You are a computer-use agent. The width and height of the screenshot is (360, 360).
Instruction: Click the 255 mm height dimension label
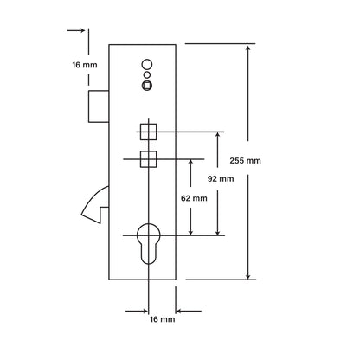click(x=245, y=161)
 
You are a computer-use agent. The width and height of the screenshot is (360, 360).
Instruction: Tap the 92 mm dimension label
click(x=221, y=179)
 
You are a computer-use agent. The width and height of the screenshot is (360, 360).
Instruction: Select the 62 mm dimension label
click(x=194, y=198)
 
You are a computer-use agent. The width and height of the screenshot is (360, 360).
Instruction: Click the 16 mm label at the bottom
click(x=163, y=319)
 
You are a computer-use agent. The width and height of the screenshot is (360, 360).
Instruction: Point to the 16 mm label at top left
click(x=85, y=65)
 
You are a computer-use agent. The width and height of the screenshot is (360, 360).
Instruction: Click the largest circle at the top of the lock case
click(x=147, y=64)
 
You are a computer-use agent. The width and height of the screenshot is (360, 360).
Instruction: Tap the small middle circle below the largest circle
click(x=147, y=75)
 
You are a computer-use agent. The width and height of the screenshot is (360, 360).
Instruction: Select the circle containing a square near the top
click(x=147, y=86)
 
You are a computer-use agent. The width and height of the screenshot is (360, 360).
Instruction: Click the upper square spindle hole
click(x=149, y=132)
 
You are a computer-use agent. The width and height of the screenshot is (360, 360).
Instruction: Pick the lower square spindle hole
click(x=149, y=159)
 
